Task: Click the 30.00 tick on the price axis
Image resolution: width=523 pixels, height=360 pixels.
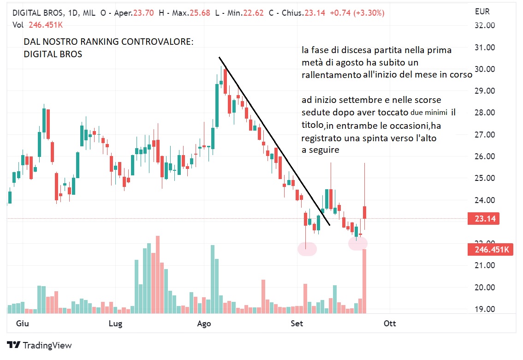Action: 485,69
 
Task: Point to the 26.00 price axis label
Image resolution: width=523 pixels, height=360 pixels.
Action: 485,156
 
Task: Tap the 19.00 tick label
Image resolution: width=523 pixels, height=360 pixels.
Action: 485,309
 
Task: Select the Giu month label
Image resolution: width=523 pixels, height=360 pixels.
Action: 22,324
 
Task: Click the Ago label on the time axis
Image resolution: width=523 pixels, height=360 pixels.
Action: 204,324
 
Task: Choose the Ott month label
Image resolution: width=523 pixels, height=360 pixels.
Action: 390,324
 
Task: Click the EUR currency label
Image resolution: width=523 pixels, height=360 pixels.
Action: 482,12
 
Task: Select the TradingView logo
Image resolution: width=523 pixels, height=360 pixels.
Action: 40,345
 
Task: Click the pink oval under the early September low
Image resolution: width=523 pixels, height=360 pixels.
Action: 307,249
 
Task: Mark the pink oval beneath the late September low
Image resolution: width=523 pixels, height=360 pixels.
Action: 358,243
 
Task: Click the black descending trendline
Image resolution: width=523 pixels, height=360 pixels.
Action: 274,141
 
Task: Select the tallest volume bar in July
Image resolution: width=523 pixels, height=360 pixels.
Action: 158,274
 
